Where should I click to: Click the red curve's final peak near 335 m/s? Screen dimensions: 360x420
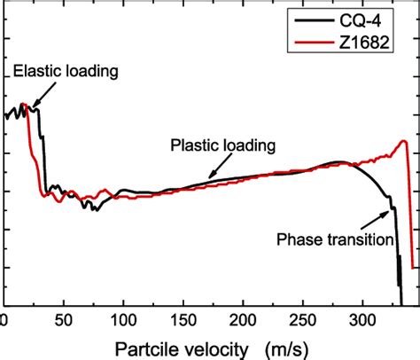point(403,141)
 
